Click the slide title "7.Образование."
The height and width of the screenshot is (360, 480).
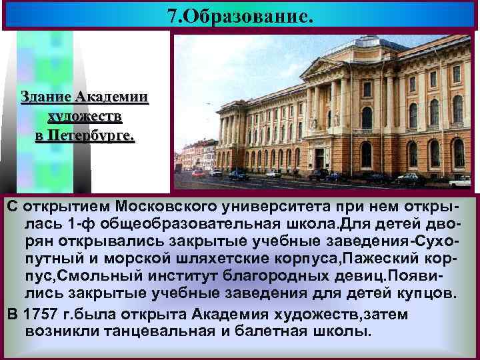[x=240, y=15]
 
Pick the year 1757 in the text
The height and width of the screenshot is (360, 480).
[x=40, y=314]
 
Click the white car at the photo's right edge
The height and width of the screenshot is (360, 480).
[x=460, y=181]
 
